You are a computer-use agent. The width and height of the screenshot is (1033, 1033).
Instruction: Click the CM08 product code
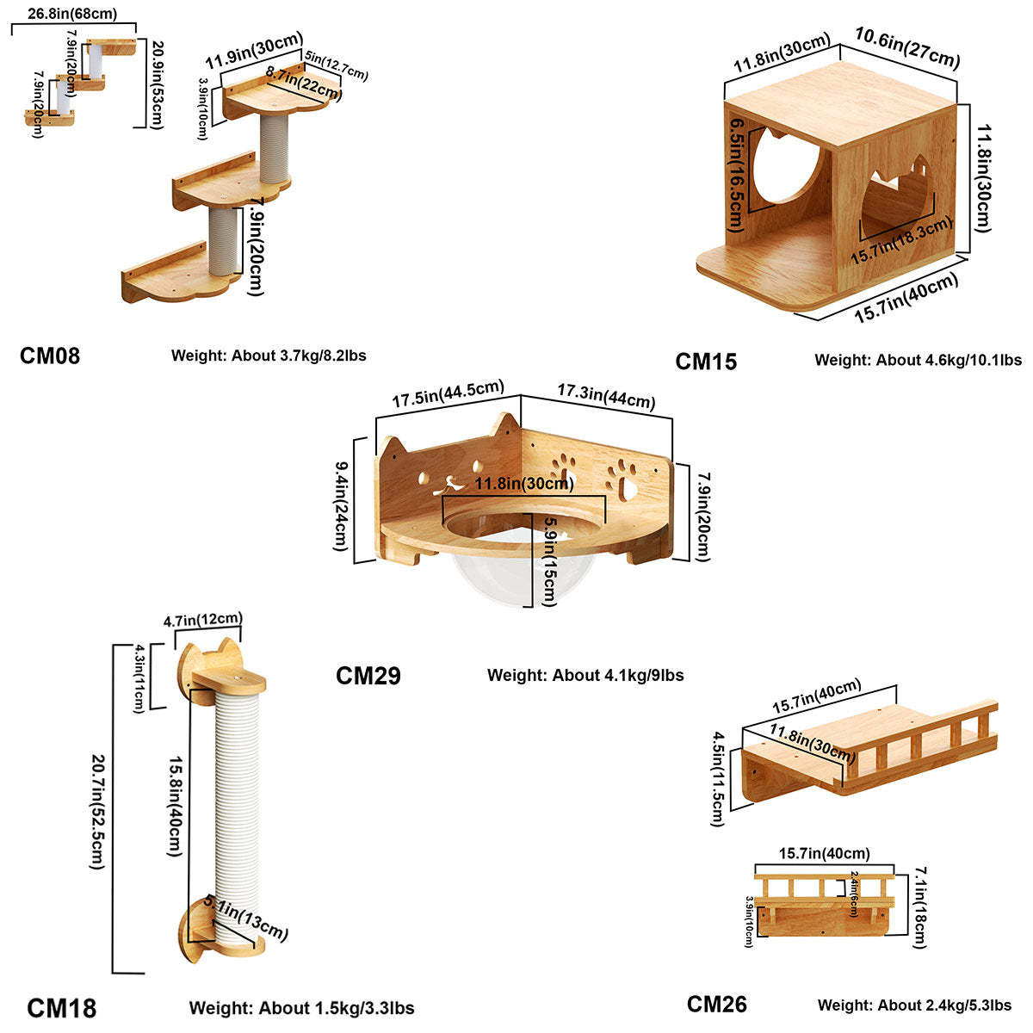click(50, 356)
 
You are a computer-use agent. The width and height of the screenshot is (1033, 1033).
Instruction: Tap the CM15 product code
click(706, 362)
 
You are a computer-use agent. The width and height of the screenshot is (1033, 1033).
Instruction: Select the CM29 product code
click(368, 676)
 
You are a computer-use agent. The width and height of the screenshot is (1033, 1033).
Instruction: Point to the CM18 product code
click(62, 1008)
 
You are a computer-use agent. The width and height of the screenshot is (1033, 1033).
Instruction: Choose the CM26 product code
click(717, 1004)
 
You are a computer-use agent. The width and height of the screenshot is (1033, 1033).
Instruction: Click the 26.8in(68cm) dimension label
click(72, 14)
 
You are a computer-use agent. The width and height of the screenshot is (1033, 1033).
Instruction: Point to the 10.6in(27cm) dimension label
click(907, 47)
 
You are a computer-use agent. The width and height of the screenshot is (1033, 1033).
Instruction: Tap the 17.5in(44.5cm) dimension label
click(448, 394)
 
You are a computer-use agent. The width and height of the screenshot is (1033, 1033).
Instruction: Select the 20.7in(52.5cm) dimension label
click(97, 811)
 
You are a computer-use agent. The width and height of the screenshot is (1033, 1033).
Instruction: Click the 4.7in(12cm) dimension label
click(203, 619)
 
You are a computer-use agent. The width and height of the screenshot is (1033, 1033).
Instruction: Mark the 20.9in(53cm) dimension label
click(155, 84)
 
